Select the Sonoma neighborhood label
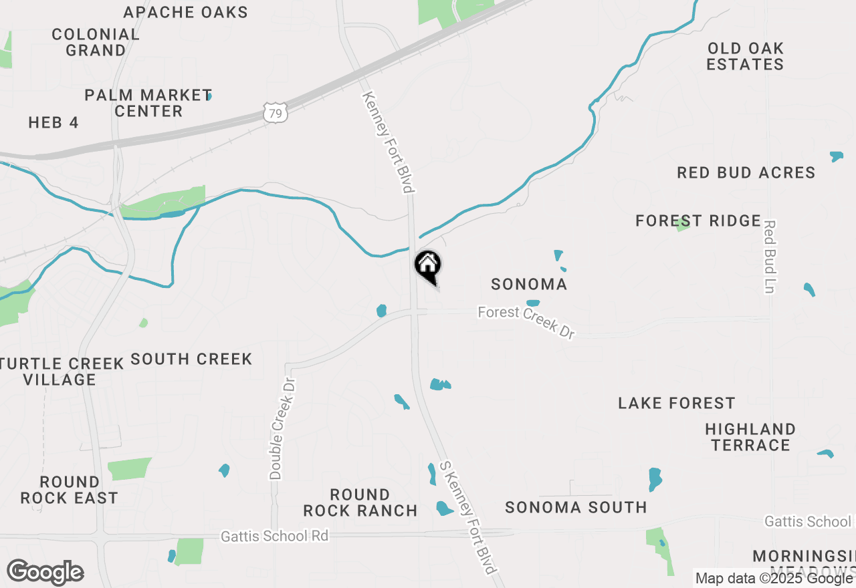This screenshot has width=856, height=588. tap(529, 284)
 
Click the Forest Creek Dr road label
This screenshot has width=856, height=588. tap(526, 322)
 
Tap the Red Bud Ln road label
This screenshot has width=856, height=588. tap(769, 257)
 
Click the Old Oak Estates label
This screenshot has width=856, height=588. tap(745, 56)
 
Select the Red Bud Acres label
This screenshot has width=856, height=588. tap(746, 172)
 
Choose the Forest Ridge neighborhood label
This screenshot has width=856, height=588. tap(698, 220)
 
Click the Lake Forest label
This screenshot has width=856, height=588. tap(676, 403)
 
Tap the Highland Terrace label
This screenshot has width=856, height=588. tap(750, 437)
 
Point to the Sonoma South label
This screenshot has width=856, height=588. tap(576, 507)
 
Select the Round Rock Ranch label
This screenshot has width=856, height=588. tap(360, 502)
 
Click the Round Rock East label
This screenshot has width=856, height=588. tap(69, 490)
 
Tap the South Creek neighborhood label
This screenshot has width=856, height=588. tap(191, 359)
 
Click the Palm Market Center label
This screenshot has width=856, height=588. tap(148, 103)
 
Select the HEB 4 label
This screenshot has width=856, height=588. tap(53, 122)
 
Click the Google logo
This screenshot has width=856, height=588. tap(45, 572)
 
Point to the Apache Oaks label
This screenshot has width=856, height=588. tap(186, 12)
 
